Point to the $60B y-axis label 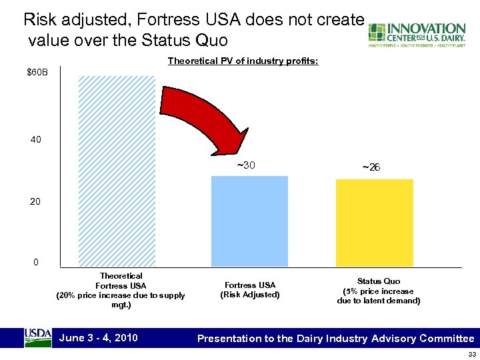[x=37, y=71]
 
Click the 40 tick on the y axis [x=35, y=141]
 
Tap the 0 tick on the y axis [x=37, y=262]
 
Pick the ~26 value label [x=371, y=167]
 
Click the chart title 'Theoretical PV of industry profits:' [x=243, y=61]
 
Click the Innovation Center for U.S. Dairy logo [x=417, y=35]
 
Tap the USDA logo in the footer [x=37, y=337]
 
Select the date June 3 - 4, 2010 [x=99, y=337]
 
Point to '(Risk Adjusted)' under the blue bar [x=249, y=295]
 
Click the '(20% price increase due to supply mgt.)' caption [x=121, y=300]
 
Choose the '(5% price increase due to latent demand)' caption [x=378, y=296]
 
